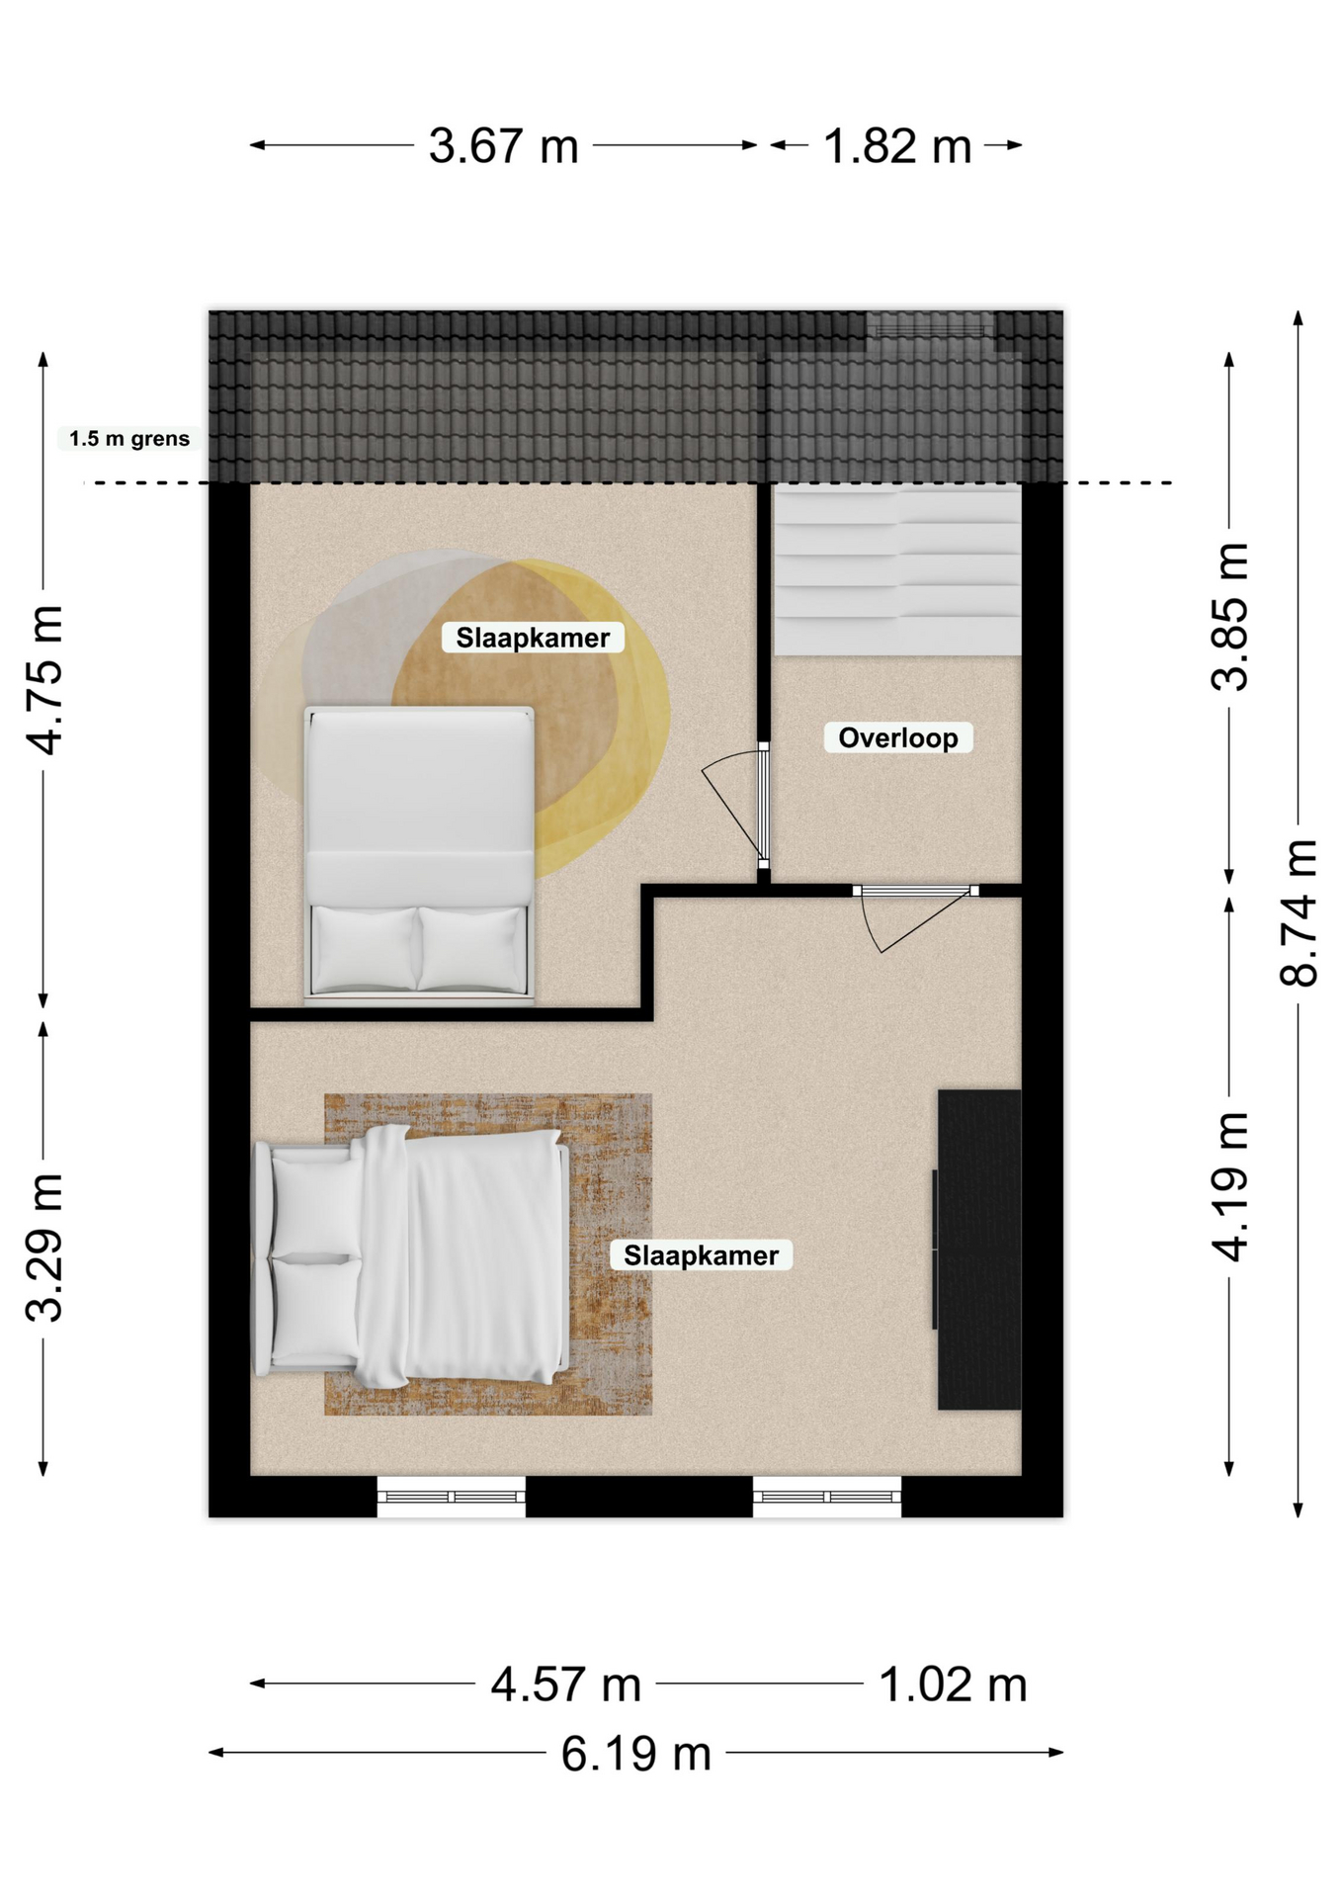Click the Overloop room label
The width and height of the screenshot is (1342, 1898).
click(x=898, y=737)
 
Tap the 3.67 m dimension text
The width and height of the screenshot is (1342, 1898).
click(x=503, y=146)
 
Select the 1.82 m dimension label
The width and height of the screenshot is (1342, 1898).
click(x=897, y=146)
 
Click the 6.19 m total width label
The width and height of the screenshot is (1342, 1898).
click(x=636, y=1754)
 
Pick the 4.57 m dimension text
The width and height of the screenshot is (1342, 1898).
click(x=566, y=1684)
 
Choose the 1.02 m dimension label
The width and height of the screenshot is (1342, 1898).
click(x=953, y=1684)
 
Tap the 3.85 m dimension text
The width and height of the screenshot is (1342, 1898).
click(x=1230, y=616)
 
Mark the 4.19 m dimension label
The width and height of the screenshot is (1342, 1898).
click(x=1230, y=1186)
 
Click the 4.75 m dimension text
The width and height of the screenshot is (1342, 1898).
click(x=43, y=680)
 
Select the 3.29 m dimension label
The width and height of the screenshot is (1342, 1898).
click(x=43, y=1248)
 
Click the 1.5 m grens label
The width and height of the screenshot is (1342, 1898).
click(x=129, y=439)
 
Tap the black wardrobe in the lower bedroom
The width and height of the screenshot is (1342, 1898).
click(x=978, y=1250)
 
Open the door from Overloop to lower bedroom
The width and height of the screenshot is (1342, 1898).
click(x=916, y=892)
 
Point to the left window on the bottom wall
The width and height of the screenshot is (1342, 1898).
click(x=452, y=1497)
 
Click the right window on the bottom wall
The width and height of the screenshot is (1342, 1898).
click(x=827, y=1497)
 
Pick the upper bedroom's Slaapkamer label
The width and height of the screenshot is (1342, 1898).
click(x=533, y=638)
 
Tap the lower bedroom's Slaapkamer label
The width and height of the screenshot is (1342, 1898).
click(x=702, y=1255)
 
